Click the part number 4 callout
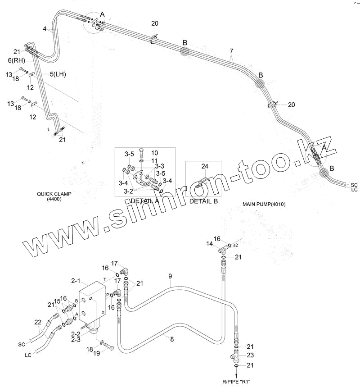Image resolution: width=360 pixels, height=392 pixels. [x=45, y=29]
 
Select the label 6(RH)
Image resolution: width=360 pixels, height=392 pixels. [x=16, y=60]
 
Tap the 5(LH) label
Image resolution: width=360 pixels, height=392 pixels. [x=57, y=74]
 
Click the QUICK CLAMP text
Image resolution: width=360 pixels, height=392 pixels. [x=54, y=194]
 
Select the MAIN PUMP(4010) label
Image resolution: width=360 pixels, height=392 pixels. [x=264, y=204]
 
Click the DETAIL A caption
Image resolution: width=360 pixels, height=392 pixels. [x=144, y=201]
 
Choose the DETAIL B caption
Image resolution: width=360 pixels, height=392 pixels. [x=203, y=201]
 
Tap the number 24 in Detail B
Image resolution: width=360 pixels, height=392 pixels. [x=204, y=166]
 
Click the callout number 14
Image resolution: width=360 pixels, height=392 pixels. [x=209, y=244]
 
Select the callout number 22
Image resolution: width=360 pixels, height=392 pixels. [x=38, y=322]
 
